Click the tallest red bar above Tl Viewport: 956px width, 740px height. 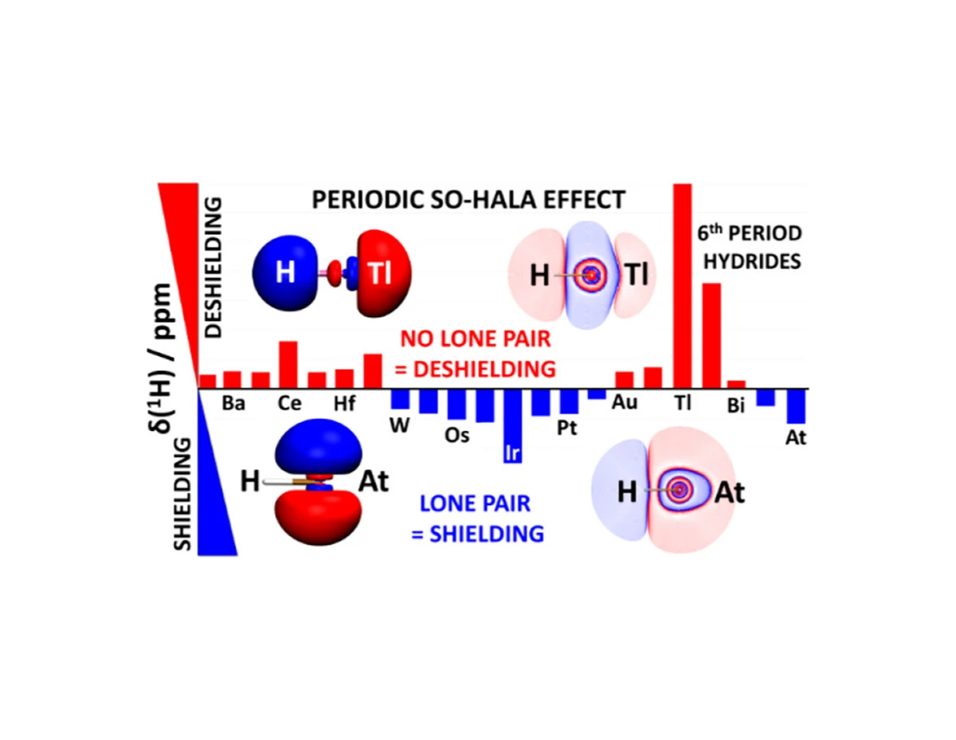[683, 286]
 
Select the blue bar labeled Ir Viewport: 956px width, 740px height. [512, 426]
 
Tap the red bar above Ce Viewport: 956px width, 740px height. [288, 365]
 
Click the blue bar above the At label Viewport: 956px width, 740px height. [797, 406]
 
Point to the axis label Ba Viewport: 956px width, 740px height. [233, 403]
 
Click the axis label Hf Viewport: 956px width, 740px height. [344, 403]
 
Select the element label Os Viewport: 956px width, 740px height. [456, 435]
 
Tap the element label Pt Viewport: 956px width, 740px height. [566, 428]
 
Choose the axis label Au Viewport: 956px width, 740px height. [625, 402]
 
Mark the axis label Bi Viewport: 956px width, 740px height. [735, 405]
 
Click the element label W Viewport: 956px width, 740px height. [399, 425]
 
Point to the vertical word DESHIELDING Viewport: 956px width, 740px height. [214, 268]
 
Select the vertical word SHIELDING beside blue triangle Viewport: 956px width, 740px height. [182, 494]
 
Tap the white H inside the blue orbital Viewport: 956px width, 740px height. [284, 272]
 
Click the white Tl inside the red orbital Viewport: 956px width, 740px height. [380, 273]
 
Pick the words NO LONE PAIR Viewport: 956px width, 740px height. [476, 339]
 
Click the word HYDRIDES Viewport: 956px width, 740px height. [752, 261]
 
